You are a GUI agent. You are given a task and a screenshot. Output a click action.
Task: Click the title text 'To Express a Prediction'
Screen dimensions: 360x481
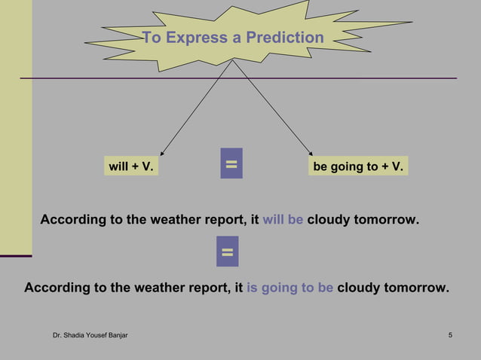coord(233,38)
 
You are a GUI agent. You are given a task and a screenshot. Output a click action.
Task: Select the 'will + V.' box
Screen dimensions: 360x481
coord(131,166)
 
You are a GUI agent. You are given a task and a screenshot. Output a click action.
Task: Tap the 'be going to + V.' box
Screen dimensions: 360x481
coord(357,166)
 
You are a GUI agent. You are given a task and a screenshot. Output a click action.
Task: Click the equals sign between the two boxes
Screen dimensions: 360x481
coord(231,163)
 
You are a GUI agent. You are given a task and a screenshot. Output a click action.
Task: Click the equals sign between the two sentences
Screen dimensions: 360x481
coord(227,251)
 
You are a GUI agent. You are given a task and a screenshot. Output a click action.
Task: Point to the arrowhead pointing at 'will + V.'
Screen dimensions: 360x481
coord(162,153)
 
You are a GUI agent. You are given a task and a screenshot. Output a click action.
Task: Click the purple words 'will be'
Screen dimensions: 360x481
coord(283,220)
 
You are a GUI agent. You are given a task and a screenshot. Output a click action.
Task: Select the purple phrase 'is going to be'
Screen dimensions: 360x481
coord(290,288)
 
